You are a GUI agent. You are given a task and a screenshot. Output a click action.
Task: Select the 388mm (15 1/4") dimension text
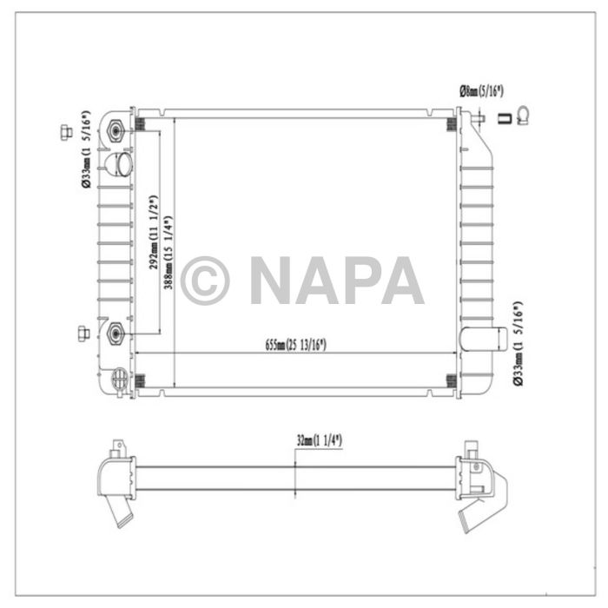click(x=168, y=252)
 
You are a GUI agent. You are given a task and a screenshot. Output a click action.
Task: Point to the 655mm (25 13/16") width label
click(x=295, y=346)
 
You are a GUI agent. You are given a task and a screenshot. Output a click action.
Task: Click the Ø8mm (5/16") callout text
click(x=482, y=90)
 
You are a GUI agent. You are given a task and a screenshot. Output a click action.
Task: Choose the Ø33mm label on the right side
click(x=518, y=342)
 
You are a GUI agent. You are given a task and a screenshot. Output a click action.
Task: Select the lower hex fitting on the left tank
click(x=116, y=332)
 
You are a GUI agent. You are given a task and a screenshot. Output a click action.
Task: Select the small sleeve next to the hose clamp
click(x=502, y=119)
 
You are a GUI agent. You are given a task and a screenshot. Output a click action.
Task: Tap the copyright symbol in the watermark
click(x=205, y=281)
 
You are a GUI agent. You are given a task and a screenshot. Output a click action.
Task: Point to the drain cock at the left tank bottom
click(x=120, y=379)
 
